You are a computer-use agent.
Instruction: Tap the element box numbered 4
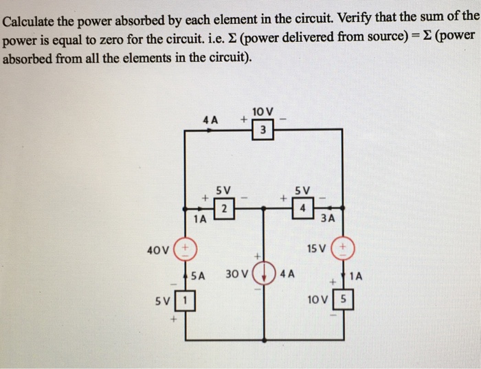tap(302, 208)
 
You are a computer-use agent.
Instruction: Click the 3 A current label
tap(328, 220)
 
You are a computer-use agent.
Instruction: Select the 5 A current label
tap(199, 276)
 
